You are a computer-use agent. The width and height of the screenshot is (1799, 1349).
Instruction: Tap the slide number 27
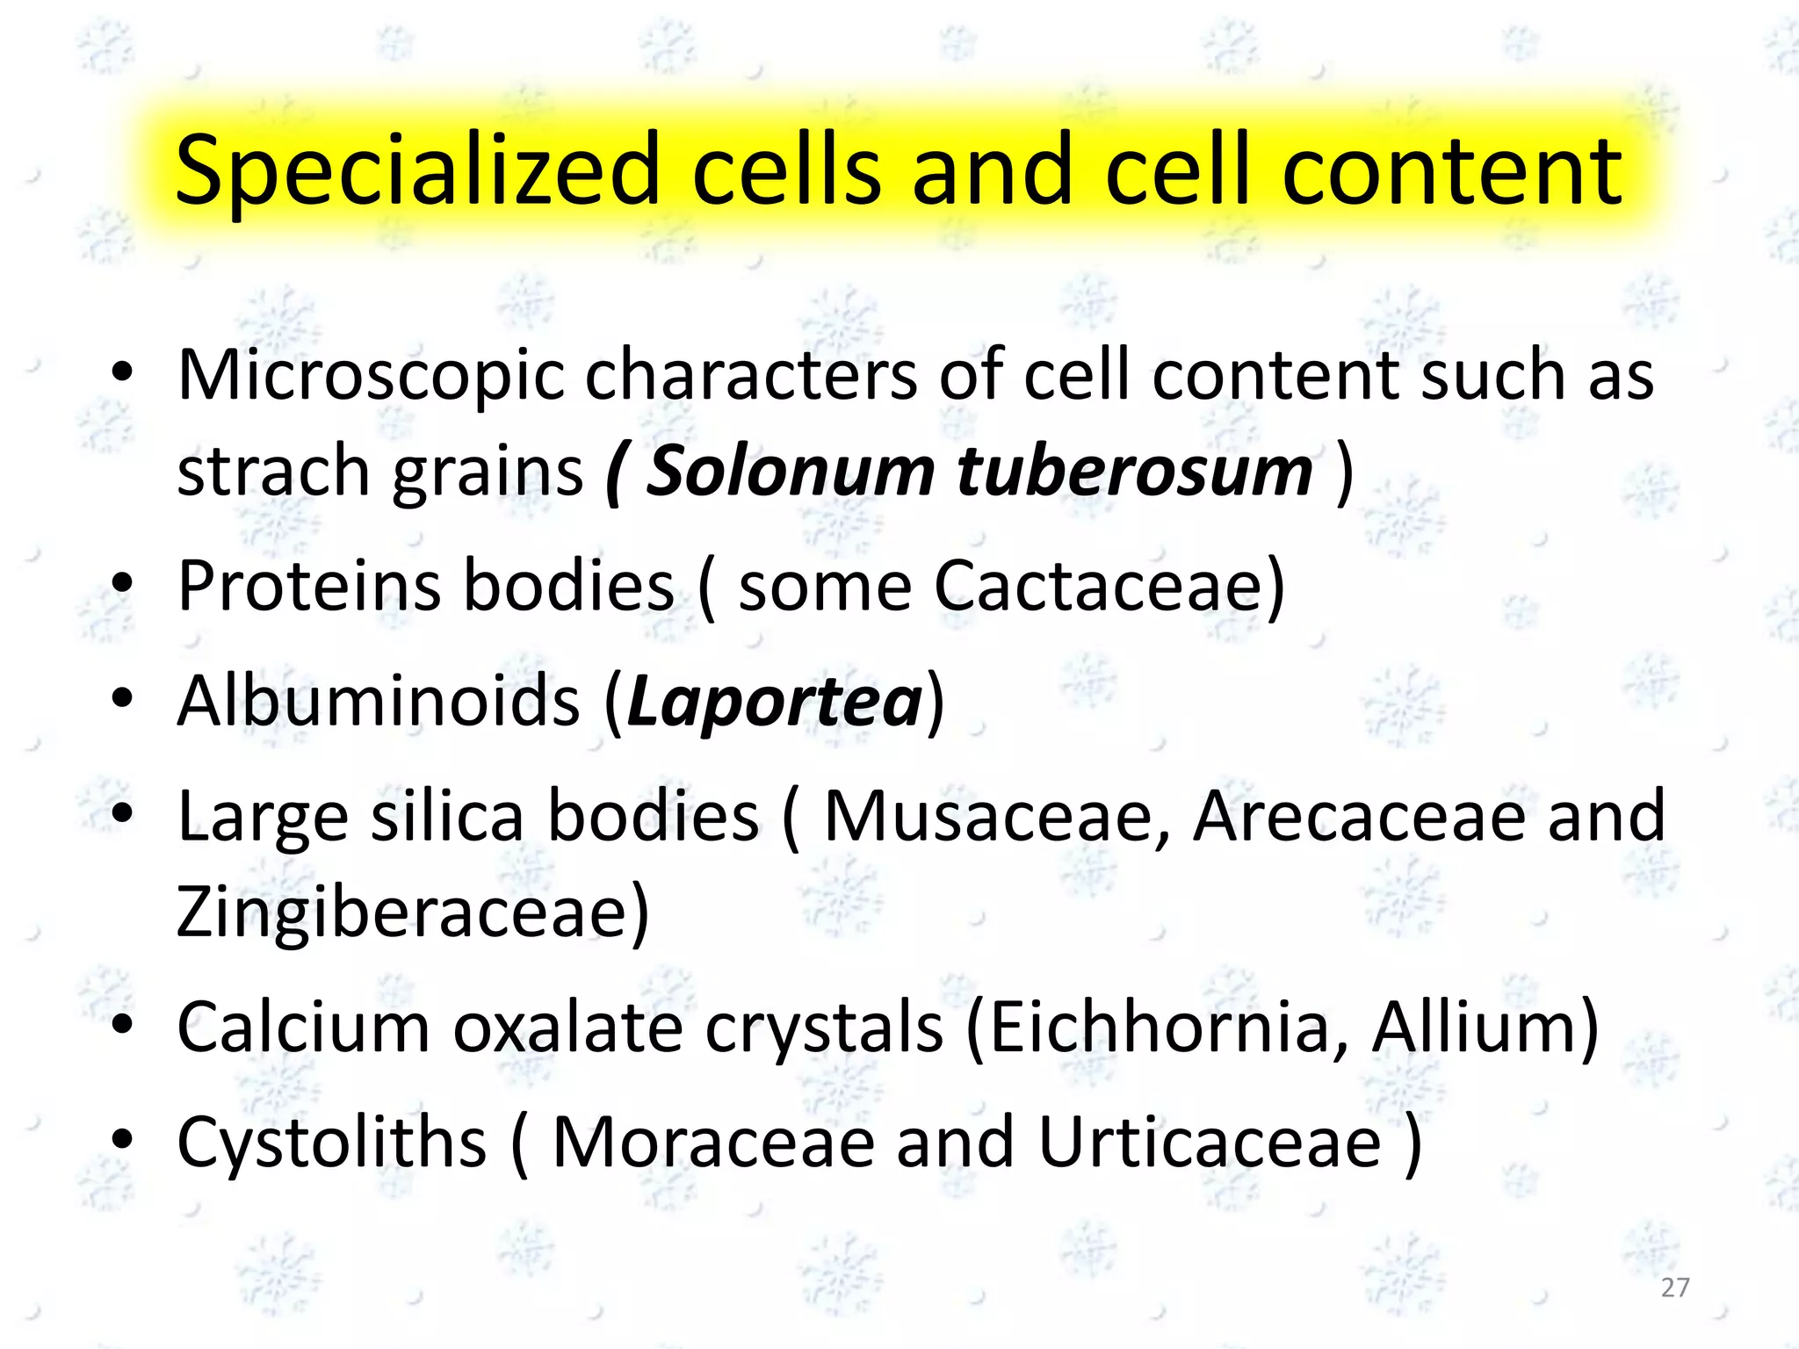(1675, 1288)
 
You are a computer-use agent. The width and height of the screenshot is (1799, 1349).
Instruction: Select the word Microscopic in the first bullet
(371, 376)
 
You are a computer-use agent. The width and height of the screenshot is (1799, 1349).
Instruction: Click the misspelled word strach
(272, 472)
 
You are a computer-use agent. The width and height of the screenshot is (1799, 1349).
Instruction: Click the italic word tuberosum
(1134, 472)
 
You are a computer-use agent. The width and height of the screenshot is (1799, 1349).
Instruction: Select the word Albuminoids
(379, 701)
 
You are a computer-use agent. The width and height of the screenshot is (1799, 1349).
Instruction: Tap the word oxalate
(567, 1028)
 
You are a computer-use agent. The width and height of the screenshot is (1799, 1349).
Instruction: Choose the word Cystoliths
(331, 1143)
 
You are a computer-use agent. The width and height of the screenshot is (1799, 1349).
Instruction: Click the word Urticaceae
(1210, 1143)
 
